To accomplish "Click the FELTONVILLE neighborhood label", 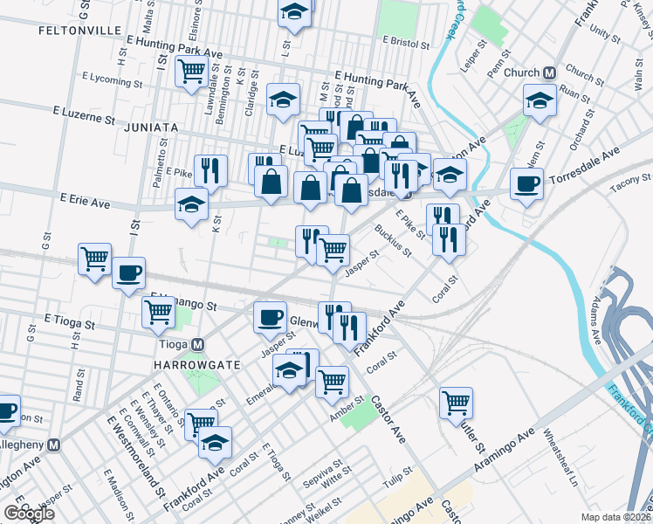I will pyautogui.click(x=79, y=30).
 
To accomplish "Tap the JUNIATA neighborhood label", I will pyautogui.click(x=150, y=127).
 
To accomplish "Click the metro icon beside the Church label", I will pyautogui.click(x=551, y=72).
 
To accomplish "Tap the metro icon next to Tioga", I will pyautogui.click(x=198, y=345).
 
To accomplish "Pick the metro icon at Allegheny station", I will pyautogui.click(x=54, y=445).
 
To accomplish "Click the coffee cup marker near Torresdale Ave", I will pyautogui.click(x=526, y=184).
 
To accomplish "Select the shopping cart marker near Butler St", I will pyautogui.click(x=456, y=403).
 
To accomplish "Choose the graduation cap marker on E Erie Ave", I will pyautogui.click(x=191, y=205).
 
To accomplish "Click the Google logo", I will pyautogui.click(x=29, y=513).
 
